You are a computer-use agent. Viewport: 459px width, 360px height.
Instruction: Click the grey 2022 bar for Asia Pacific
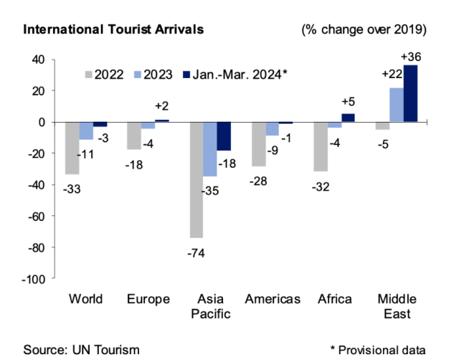197,179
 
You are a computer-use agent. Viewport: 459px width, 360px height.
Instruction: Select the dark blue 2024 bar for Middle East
410,94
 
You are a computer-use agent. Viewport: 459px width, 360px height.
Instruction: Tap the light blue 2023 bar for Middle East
396,105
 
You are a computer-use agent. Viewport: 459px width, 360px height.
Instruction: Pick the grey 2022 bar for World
72,148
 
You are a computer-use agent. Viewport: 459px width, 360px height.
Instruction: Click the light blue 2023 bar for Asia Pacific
210,149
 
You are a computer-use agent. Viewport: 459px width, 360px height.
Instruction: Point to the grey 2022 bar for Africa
321,146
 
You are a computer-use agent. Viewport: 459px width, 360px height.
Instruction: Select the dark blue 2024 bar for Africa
348,118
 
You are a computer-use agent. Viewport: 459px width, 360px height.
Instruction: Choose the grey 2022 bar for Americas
259,144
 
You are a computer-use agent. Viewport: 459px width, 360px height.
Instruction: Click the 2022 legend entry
102,74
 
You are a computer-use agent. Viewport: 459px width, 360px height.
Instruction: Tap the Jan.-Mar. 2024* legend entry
234,74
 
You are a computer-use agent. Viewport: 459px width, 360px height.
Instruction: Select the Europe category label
148,299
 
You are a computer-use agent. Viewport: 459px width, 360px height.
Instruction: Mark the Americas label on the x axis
273,299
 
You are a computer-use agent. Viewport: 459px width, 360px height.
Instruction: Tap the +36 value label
413,56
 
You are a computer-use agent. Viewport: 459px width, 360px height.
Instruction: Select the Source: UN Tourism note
81,349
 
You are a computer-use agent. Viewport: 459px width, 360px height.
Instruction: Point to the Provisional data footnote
378,349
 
